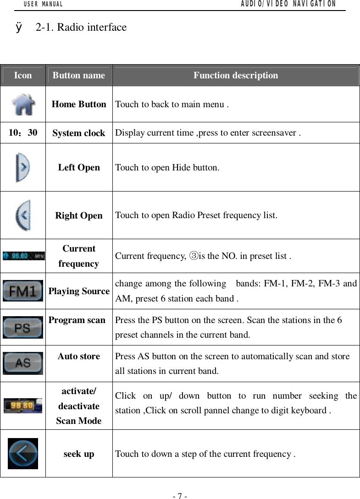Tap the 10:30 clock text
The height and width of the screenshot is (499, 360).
tap(23, 133)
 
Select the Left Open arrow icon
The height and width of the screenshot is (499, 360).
tap(23, 168)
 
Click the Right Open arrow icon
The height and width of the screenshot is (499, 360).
tap(23, 215)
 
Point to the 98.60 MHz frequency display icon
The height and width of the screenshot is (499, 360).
tap(23, 256)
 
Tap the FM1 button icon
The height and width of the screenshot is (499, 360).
tap(23, 291)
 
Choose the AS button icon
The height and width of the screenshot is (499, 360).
tap(23, 363)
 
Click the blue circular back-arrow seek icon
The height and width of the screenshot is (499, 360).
tap(23, 454)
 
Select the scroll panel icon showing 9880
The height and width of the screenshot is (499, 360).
tap(23, 406)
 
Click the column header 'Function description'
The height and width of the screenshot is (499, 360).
tap(235, 75)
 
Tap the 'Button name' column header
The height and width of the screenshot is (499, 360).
tap(79, 75)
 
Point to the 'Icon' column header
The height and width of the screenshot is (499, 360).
tap(23, 75)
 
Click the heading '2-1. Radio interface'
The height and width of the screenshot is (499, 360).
tap(81, 27)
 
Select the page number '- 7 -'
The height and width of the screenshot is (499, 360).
tap(180, 496)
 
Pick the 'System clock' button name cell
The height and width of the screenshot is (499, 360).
tap(79, 133)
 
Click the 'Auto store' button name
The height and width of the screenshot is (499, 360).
tap(79, 356)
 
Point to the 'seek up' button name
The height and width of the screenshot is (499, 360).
tap(79, 454)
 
